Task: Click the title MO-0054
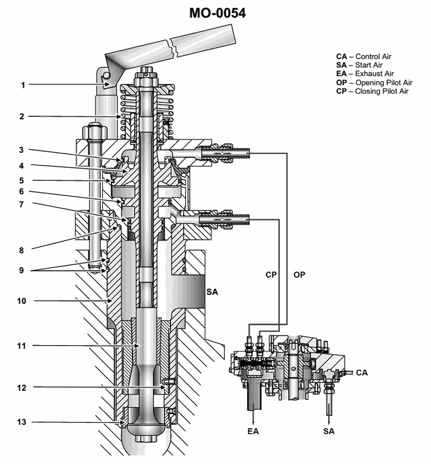click(217, 13)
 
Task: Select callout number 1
click(23, 85)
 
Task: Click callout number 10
click(22, 301)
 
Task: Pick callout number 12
click(22, 387)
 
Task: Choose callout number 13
click(22, 422)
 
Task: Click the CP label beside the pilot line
click(271, 275)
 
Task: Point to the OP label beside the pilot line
click(300, 275)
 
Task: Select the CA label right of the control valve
click(362, 372)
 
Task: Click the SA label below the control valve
click(329, 431)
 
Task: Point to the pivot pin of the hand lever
click(108, 75)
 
